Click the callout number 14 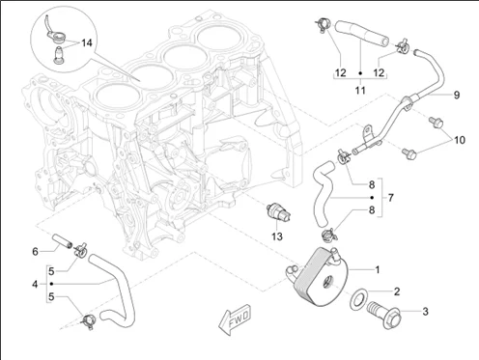87,43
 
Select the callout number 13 276,235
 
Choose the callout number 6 35,252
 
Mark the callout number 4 35,285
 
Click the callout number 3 424,312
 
